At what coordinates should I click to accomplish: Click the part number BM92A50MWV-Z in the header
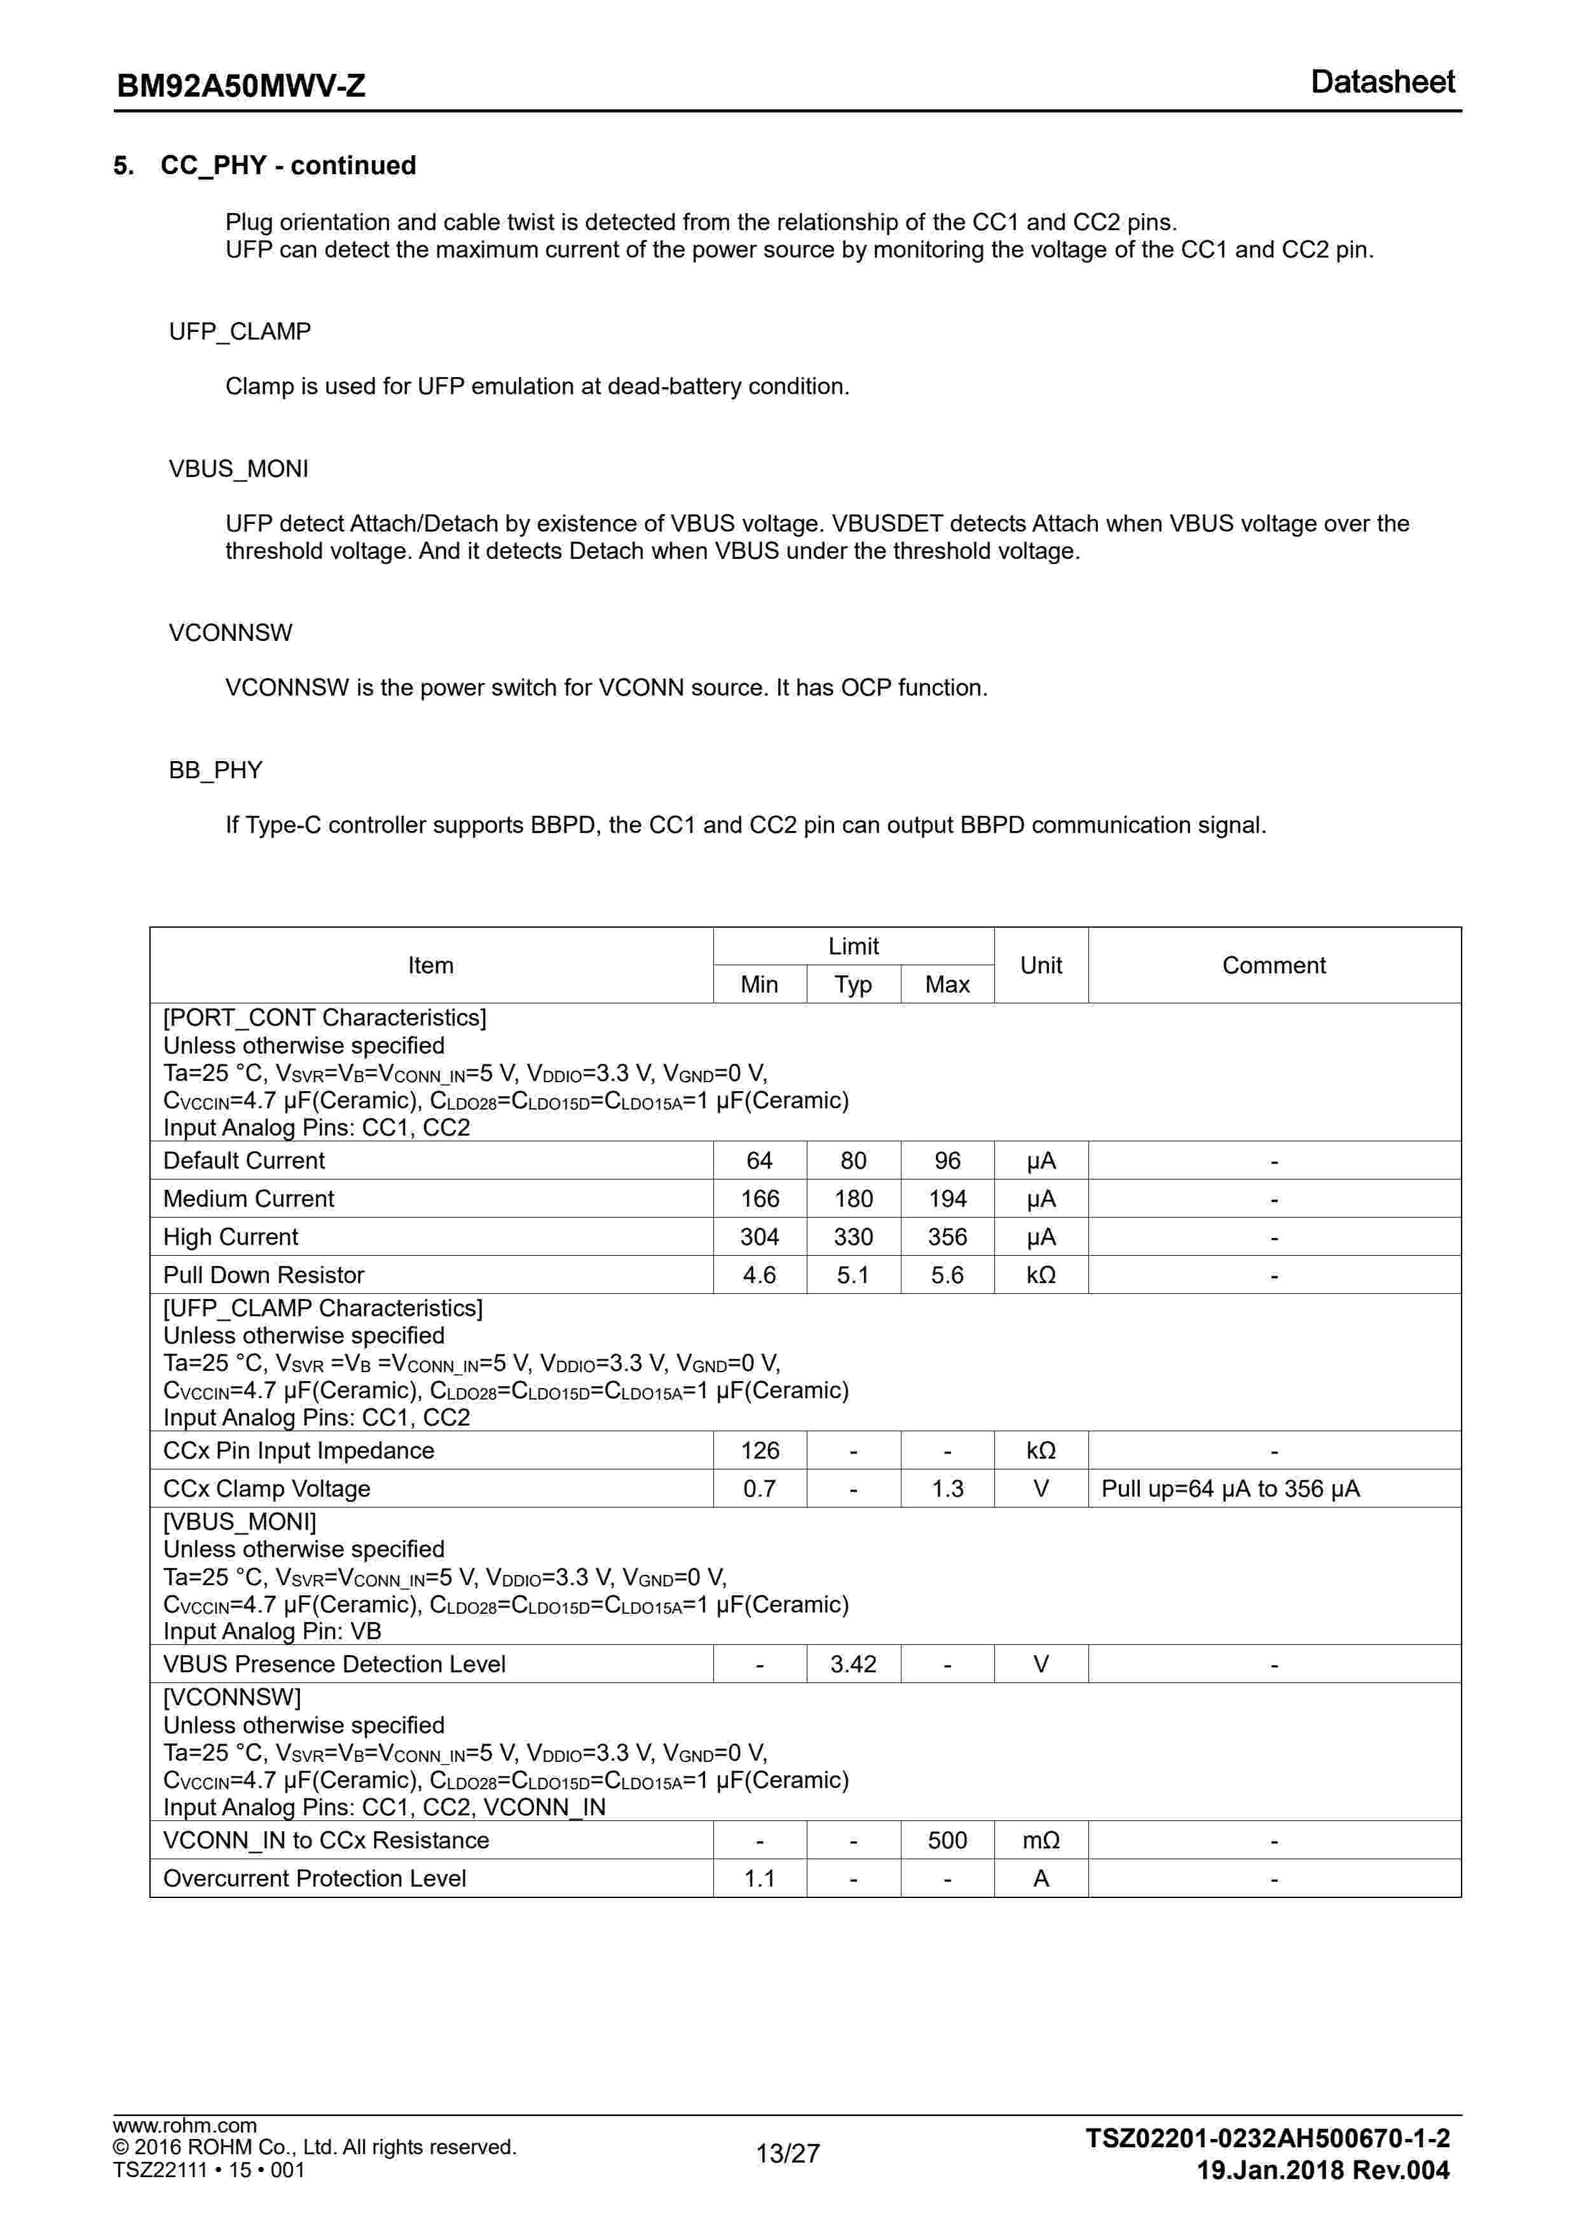241,86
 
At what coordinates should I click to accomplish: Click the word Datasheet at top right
1382,83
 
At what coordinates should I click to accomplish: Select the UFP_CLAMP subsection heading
240,332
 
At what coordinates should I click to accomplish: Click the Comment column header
1273,966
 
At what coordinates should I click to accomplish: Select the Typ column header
853,985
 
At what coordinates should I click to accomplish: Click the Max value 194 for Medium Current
947,1199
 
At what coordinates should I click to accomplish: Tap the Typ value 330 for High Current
853,1237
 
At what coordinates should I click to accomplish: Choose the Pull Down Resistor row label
264,1275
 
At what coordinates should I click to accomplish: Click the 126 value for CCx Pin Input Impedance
759,1451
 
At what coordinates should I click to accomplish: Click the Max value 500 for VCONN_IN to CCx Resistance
947,1841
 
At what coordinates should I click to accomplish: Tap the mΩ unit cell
1040,1841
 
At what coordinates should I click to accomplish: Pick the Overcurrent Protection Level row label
315,1879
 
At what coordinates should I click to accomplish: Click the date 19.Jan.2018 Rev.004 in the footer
1323,2170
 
